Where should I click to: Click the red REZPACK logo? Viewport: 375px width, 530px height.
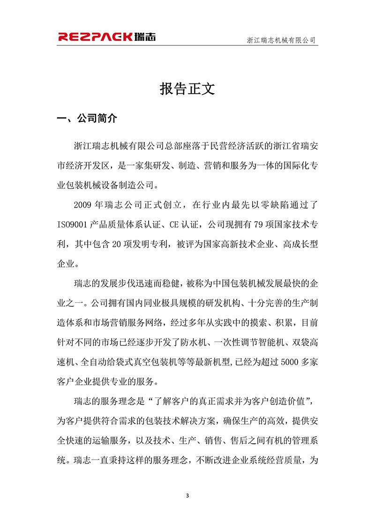(x=107, y=37)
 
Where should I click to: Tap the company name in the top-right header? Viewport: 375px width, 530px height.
(x=282, y=41)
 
